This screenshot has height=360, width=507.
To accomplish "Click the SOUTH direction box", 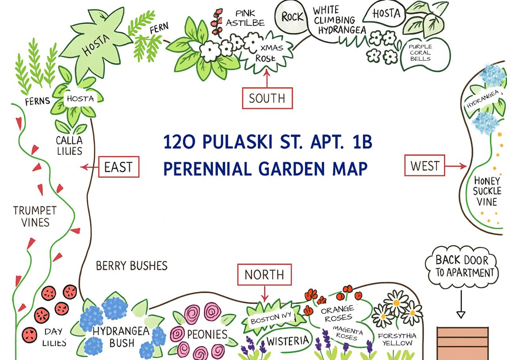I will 267,98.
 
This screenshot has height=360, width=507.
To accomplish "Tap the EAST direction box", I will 119,167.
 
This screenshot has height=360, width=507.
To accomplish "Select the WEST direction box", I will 425,165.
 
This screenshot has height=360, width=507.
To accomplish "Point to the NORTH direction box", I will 264,274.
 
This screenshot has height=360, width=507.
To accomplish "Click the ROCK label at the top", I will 293,17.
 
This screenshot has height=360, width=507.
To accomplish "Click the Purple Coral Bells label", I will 420,52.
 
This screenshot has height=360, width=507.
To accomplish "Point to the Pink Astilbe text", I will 245,18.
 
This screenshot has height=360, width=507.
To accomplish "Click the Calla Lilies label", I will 69,146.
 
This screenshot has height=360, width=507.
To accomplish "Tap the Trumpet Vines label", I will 35,216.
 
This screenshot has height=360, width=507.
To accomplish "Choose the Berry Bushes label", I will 132,265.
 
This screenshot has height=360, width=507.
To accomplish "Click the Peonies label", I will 207,334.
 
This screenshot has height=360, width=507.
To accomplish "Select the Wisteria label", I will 287,341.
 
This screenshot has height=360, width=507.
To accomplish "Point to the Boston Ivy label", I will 271,318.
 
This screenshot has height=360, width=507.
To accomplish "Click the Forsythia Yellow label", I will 397,339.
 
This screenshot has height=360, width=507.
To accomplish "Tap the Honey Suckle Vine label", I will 487,191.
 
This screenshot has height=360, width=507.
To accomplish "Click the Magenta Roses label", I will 347,333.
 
